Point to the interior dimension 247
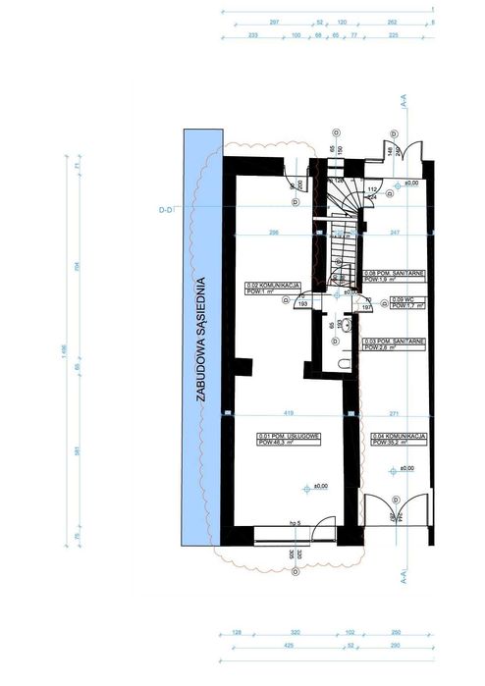pyautogui.click(x=395, y=233)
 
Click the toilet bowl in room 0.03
pyautogui.click(x=343, y=364)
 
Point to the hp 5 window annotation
pyautogui.click(x=294, y=523)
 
